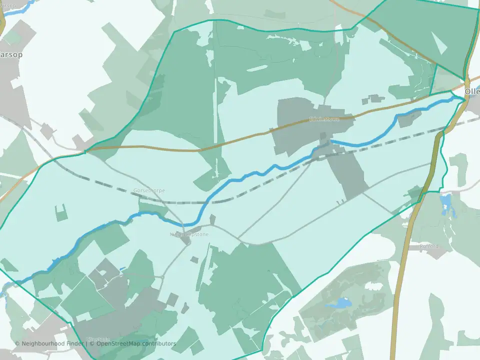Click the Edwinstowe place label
[x=324, y=119]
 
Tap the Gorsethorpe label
[x=149, y=190]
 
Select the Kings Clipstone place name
[x=189, y=234]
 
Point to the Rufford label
[x=429, y=246]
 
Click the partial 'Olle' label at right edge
[x=472, y=92]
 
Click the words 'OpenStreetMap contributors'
[x=136, y=343]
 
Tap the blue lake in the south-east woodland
[x=341, y=302]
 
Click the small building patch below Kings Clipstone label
[x=193, y=259]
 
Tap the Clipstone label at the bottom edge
[x=98, y=339]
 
